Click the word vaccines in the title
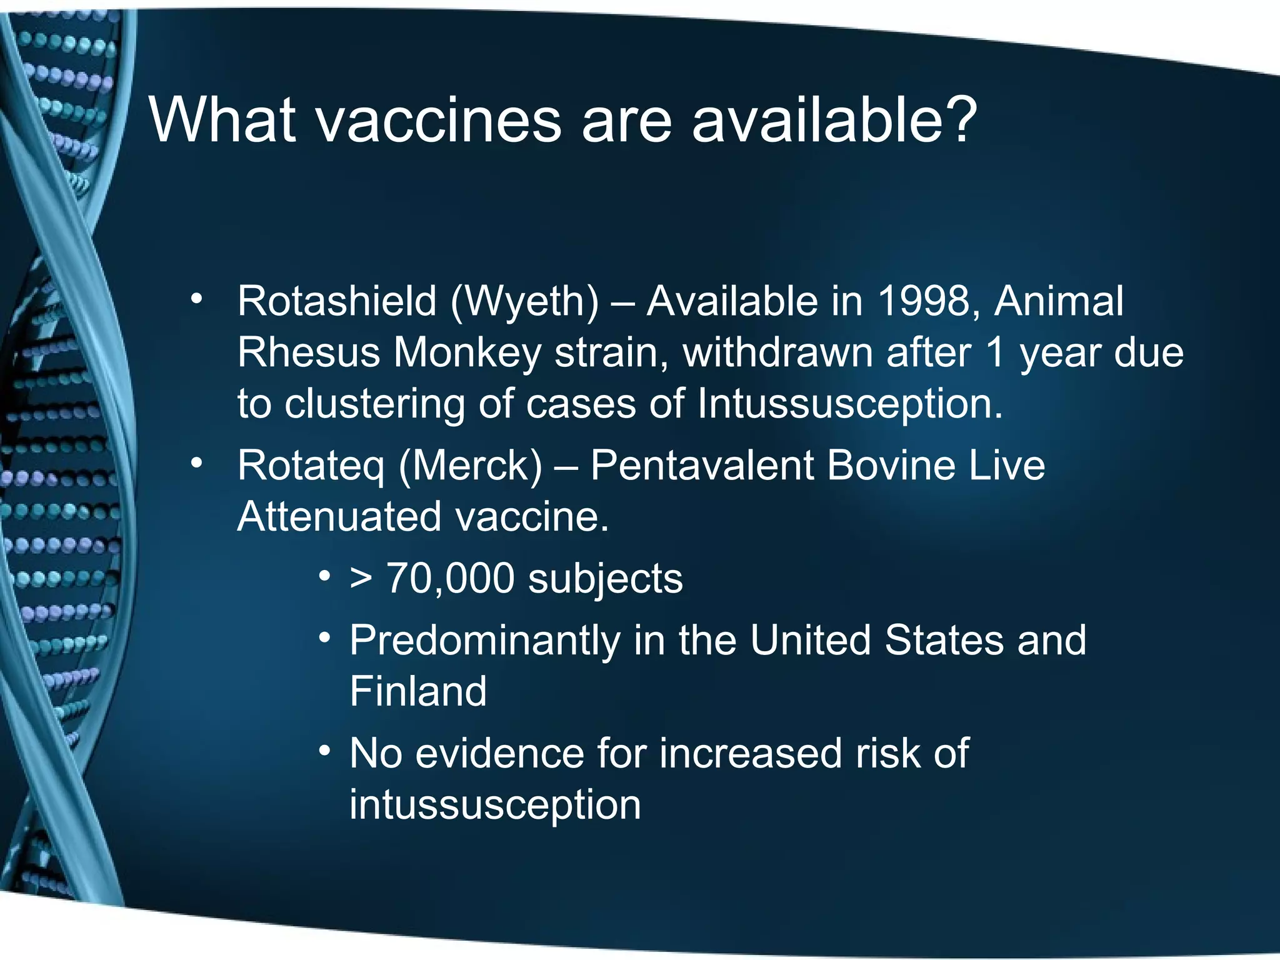click(x=439, y=120)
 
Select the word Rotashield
click(x=336, y=302)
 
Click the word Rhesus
click(x=309, y=353)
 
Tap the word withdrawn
click(x=777, y=353)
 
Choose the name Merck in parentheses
click(x=471, y=466)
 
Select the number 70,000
click(x=450, y=579)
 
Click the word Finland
click(x=418, y=692)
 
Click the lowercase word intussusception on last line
click(x=495, y=805)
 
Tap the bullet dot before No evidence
click(x=324, y=751)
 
